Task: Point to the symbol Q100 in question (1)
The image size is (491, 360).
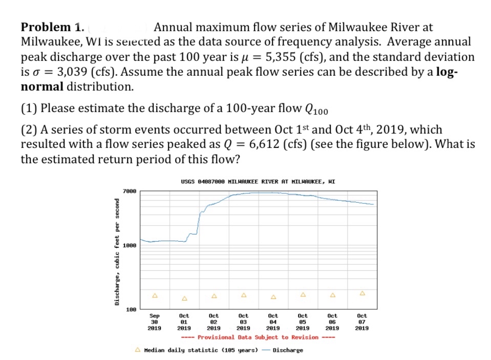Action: coord(316,110)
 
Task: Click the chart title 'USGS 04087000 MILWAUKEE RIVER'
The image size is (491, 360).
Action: coord(258,181)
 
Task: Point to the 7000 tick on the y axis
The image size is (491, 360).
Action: coord(130,192)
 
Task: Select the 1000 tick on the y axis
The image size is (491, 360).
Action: coord(130,246)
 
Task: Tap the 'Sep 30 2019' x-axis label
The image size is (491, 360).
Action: coord(154,321)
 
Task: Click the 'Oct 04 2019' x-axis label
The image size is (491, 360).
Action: coord(273,321)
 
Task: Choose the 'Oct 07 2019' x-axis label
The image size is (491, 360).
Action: coord(362,321)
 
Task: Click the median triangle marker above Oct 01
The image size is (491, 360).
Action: coord(184,298)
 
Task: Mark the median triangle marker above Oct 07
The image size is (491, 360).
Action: coord(362,293)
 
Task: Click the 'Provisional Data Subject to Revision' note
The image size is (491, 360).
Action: coord(258,337)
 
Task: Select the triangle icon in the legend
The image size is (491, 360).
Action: coord(138,350)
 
